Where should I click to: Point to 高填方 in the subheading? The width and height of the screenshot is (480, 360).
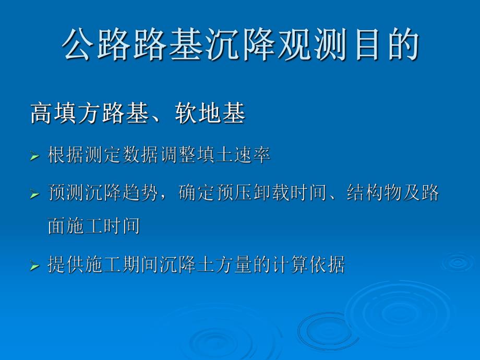point(65,114)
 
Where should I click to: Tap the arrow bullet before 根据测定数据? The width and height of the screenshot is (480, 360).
point(34,156)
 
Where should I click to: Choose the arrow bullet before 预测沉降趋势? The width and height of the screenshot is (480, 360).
point(34,194)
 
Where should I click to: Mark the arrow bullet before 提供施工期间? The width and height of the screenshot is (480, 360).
point(34,266)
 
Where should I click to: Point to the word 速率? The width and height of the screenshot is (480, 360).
point(252,155)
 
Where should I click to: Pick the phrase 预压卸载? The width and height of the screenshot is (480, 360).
point(251,194)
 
